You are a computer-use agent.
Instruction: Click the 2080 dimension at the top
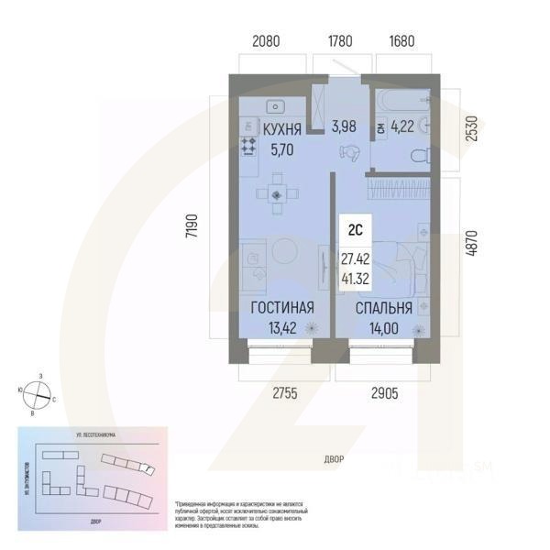[x=271, y=41]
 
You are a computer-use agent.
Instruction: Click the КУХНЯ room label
[x=283, y=130]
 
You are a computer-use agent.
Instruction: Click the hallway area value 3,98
[x=344, y=126]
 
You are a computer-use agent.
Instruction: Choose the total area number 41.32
[x=355, y=276]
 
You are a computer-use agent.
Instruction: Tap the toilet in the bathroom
[x=419, y=156]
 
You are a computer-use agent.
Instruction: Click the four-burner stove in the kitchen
[x=247, y=144]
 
